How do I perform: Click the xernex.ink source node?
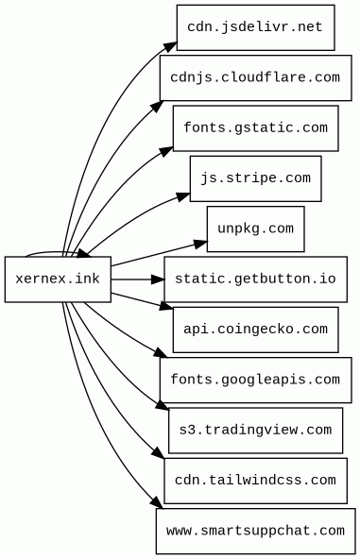pyautogui.click(x=58, y=279)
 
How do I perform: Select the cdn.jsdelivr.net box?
pyautogui.click(x=255, y=27)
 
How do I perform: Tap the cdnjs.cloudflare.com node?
pyautogui.click(x=255, y=77)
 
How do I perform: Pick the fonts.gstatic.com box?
pyautogui.click(x=255, y=128)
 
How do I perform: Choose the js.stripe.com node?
pyautogui.click(x=255, y=178)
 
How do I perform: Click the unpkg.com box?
pyautogui.click(x=255, y=229)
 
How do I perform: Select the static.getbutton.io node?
pyautogui.click(x=255, y=279)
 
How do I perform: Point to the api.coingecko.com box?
pyautogui.click(x=255, y=330)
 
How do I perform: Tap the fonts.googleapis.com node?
pyautogui.click(x=255, y=380)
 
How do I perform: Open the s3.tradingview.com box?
pyautogui.click(x=255, y=431)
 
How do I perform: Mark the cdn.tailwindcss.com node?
pyautogui.click(x=255, y=481)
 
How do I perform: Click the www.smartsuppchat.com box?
pyautogui.click(x=255, y=531)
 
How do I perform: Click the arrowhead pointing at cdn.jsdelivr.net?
pyautogui.click(x=170, y=47)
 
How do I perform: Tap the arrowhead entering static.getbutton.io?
pyautogui.click(x=158, y=279)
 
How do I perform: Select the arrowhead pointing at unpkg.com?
pyautogui.click(x=200, y=244)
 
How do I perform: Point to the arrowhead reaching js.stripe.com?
pyautogui.click(x=183, y=197)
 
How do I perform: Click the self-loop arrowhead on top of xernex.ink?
pyautogui.click(x=84, y=253)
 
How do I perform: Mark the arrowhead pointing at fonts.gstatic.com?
pyautogui.click(x=166, y=151)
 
